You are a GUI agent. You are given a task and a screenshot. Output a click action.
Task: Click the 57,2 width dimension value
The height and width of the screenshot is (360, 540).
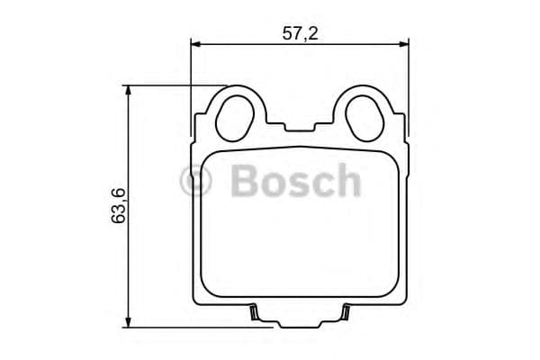(x=301, y=33)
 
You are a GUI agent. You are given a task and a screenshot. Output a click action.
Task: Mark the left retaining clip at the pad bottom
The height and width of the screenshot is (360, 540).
(x=255, y=313)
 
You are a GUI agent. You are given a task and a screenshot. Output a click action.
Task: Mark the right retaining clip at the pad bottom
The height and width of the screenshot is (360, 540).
(x=346, y=313)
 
